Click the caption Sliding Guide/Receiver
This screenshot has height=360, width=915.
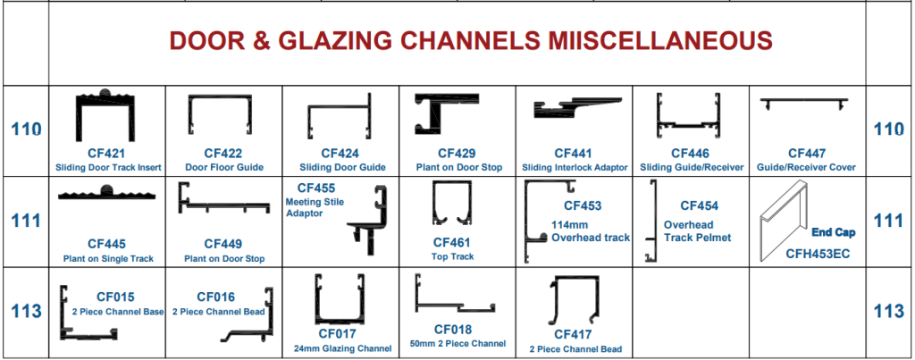click(690, 167)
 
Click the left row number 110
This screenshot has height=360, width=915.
click(25, 130)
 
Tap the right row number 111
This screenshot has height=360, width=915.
click(889, 221)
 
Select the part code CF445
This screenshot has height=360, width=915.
click(106, 243)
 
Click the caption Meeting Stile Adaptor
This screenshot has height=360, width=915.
click(309, 208)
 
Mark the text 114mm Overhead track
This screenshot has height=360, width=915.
click(591, 230)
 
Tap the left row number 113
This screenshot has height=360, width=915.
click(25, 312)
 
